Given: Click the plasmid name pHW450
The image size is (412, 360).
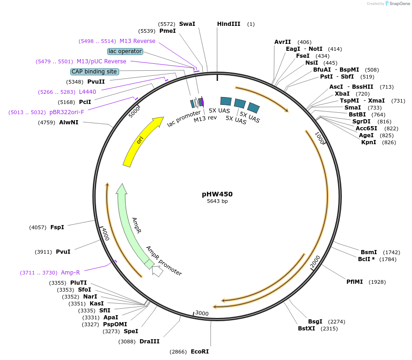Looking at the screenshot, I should pyautogui.click(x=217, y=194).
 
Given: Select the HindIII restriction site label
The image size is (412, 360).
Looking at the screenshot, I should pyautogui.click(x=229, y=24).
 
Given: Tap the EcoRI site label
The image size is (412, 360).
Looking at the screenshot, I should pyautogui.click(x=200, y=352).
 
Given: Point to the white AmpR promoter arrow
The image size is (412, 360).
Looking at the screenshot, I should pyautogui.click(x=157, y=271).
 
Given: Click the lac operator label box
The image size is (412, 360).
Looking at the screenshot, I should pyautogui.click(x=125, y=51).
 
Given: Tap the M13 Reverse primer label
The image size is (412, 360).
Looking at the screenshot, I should pyautogui.click(x=137, y=41).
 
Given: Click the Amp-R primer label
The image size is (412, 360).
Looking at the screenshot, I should pyautogui.click(x=70, y=273).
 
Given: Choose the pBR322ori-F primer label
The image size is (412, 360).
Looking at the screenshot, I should pyautogui.click(x=67, y=112).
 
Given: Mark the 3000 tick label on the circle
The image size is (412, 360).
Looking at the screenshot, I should pyautogui.click(x=202, y=313).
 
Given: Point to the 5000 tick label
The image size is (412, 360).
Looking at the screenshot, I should pyautogui.click(x=134, y=112).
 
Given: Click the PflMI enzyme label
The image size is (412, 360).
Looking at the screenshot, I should pyautogui.click(x=355, y=281).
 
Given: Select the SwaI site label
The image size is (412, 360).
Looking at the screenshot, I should pyautogui.click(x=187, y=24).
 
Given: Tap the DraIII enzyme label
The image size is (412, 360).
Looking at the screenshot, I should pyautogui.click(x=149, y=342).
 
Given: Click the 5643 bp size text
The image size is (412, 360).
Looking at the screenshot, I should pyautogui.click(x=217, y=201).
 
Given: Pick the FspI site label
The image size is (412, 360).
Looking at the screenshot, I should pyautogui.click(x=57, y=227).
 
